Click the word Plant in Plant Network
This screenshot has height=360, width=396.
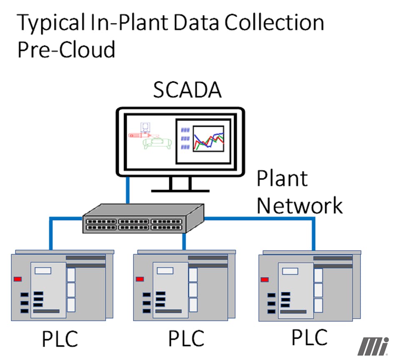click(282, 178)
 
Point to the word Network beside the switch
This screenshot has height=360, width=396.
click(299, 205)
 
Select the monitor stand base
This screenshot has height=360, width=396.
click(180, 190)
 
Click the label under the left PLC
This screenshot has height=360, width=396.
click(60, 338)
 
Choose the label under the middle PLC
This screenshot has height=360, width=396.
click(186, 338)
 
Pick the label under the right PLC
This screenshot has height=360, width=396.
click(309, 337)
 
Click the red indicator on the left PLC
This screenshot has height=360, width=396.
click(18, 279)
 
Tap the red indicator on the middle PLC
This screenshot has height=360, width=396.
click(140, 279)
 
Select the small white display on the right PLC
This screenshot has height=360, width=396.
click(290, 271)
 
